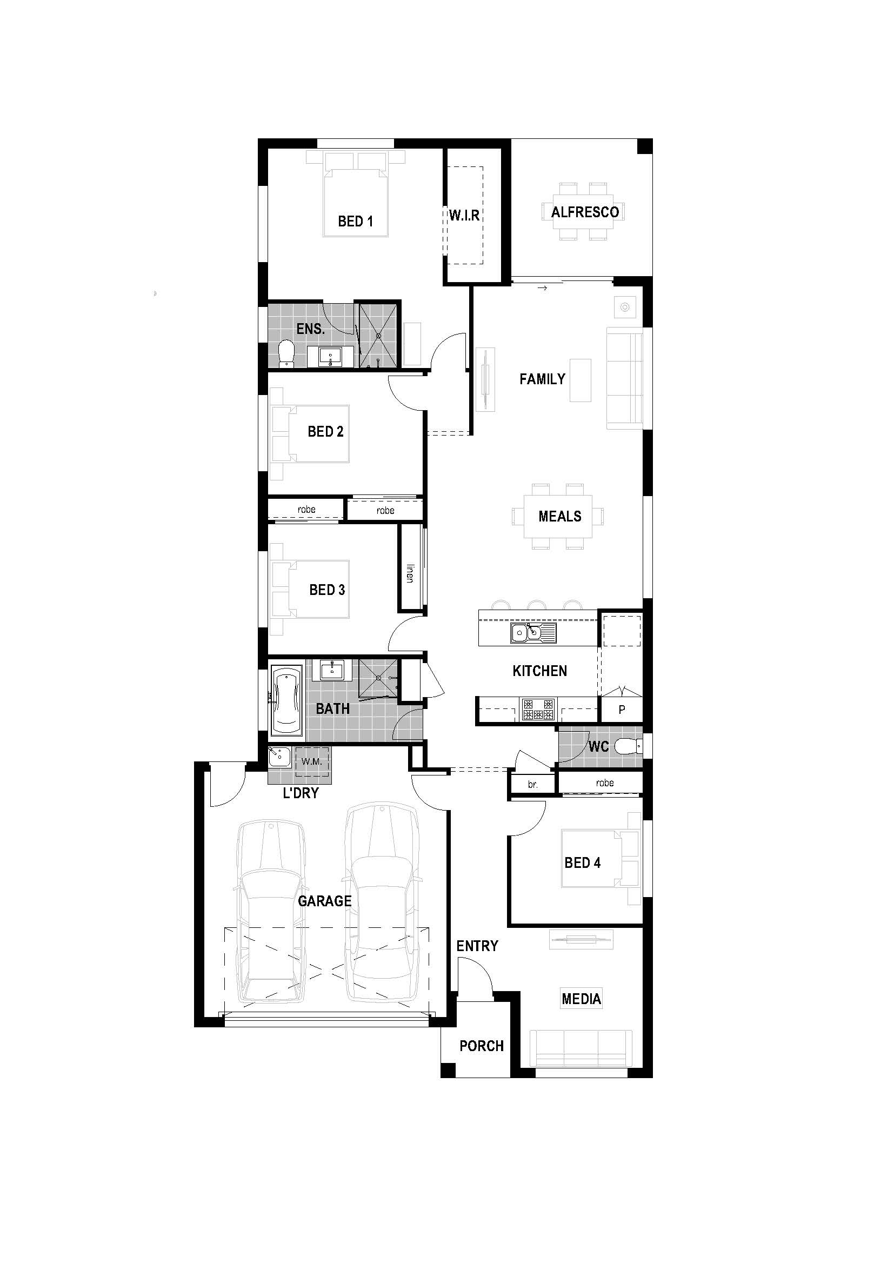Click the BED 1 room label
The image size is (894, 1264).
(x=355, y=222)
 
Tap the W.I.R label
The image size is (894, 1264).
(x=464, y=215)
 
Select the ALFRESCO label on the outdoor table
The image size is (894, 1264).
(x=585, y=212)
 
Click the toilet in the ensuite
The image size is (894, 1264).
(x=286, y=353)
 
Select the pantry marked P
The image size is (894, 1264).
(x=622, y=710)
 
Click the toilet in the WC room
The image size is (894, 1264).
(x=628, y=746)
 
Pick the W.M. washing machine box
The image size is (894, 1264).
(x=311, y=762)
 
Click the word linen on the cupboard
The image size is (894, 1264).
(x=410, y=572)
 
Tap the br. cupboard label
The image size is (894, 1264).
(x=532, y=785)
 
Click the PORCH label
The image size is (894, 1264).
(x=481, y=1046)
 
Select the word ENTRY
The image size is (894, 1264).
(x=477, y=946)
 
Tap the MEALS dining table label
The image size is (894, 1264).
(x=559, y=517)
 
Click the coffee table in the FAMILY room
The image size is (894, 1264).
(x=580, y=380)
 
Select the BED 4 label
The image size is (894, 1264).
(x=582, y=862)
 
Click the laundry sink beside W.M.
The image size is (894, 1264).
(x=279, y=757)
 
